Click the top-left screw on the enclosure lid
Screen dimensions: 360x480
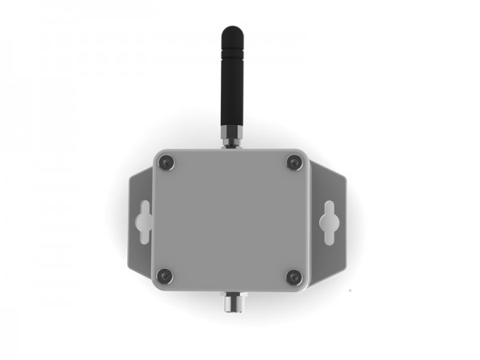[166, 162]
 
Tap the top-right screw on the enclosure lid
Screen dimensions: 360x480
[294, 162]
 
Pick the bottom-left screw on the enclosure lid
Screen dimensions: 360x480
[165, 276]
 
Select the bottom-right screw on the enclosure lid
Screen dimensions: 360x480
[294, 276]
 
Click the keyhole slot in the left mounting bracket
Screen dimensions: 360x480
[143, 221]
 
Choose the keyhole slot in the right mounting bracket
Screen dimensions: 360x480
[327, 221]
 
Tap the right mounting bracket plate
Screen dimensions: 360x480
[331, 248]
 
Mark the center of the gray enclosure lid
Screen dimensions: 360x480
[230, 219]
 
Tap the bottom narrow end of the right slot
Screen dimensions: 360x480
[327, 237]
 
